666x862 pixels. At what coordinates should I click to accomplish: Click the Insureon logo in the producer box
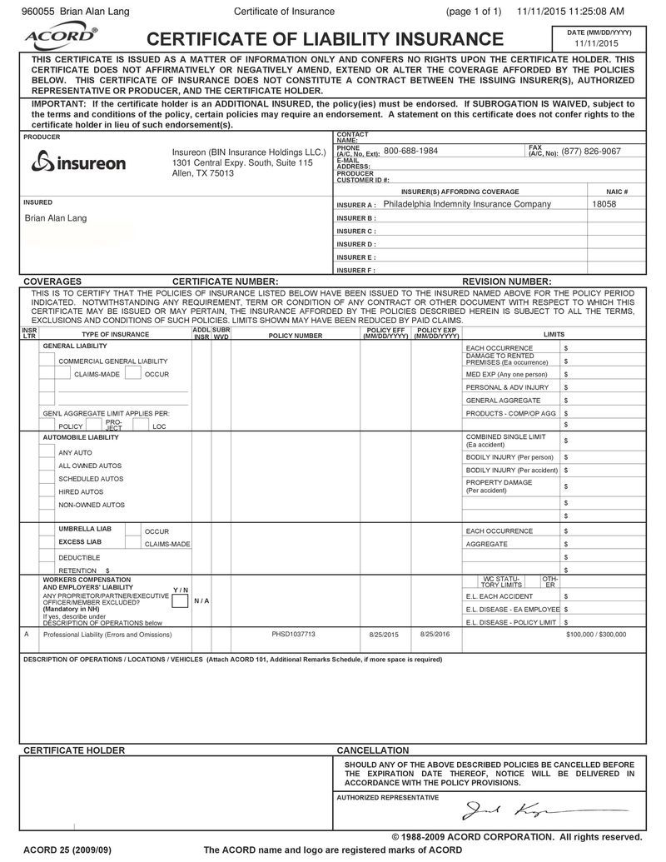click(x=78, y=162)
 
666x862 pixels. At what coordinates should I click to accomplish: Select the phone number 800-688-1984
click(x=410, y=152)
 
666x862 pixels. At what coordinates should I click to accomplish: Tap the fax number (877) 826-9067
click(x=591, y=152)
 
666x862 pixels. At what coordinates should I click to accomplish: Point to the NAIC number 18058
click(x=604, y=204)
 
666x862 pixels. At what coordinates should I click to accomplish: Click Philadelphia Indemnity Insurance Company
click(x=467, y=204)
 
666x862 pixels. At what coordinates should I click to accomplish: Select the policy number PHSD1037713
click(x=294, y=634)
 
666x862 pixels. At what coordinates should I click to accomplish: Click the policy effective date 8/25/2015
click(x=384, y=635)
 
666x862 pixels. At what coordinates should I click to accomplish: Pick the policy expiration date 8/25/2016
click(x=435, y=634)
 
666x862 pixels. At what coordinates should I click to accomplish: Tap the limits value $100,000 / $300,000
click(x=596, y=635)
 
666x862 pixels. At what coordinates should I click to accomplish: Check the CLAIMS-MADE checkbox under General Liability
click(x=64, y=375)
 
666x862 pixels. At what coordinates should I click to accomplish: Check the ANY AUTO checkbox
click(x=47, y=452)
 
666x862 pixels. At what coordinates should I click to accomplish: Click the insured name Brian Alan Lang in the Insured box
click(x=56, y=218)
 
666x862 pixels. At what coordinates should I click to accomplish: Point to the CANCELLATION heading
click(x=372, y=750)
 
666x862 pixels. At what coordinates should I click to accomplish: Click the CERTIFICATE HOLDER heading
click(x=74, y=750)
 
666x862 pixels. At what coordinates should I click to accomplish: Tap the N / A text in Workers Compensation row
click(x=201, y=600)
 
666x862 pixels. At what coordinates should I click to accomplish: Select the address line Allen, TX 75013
click(x=203, y=173)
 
